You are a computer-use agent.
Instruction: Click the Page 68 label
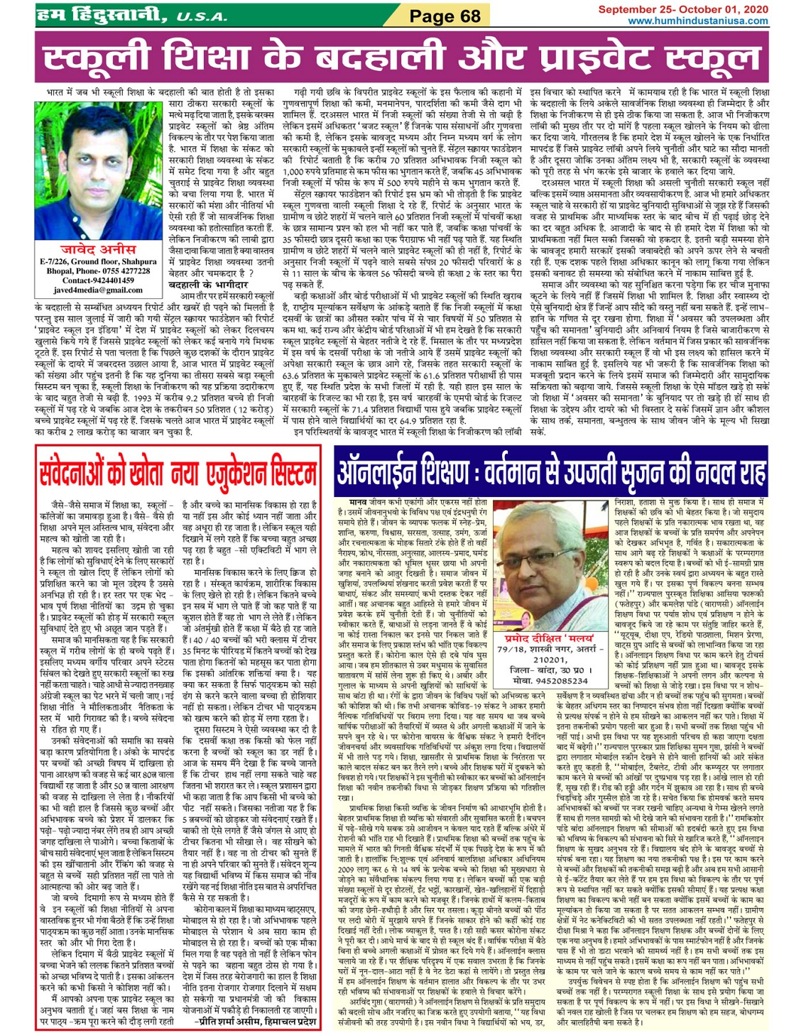coord(445,15)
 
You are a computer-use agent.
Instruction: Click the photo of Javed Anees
coord(98,170)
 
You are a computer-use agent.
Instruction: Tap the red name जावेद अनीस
coord(99,249)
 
